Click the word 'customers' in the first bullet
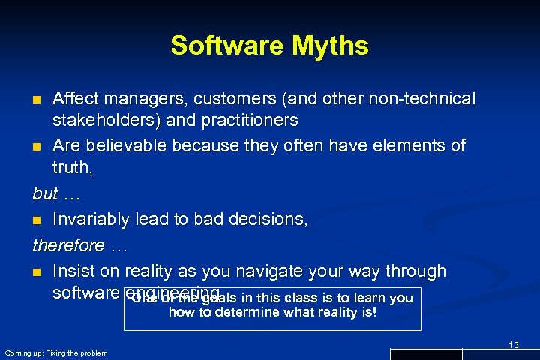pos(224,99)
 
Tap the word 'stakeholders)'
pos(101,120)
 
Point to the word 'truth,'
pos(73,169)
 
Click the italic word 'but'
pos(46,193)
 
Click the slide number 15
pos(513,344)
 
